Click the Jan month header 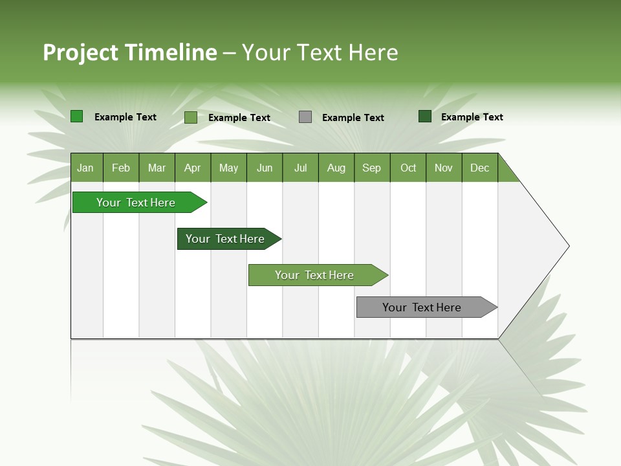point(85,168)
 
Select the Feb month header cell point(121,168)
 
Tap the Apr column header point(192,168)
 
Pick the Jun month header point(265,168)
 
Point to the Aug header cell point(336,168)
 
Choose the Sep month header point(371,168)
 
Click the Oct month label point(408,168)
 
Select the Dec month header point(479,168)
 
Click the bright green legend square point(77,116)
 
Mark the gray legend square point(305,117)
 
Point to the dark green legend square point(425,116)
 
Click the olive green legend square point(191,117)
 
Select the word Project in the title point(80,52)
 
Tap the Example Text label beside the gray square point(353,118)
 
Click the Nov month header point(444,168)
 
